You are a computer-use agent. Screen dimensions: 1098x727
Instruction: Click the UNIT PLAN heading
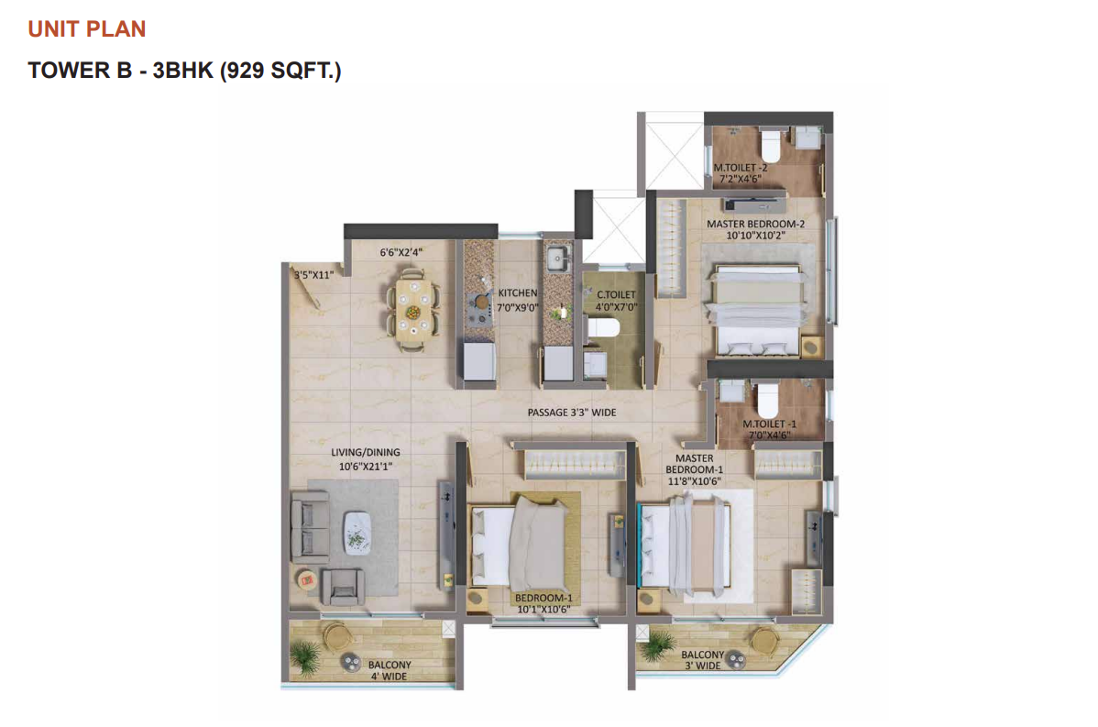click(x=87, y=28)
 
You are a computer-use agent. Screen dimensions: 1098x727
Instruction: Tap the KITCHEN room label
click(x=518, y=292)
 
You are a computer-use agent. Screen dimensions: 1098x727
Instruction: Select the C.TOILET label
click(x=616, y=295)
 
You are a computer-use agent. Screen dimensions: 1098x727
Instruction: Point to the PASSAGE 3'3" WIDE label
click(x=571, y=413)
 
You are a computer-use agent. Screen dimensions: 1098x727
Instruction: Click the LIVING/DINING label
click(x=366, y=453)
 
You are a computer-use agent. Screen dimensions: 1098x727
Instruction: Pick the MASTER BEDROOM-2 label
click(x=755, y=224)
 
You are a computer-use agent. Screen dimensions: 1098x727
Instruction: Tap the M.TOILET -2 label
click(x=741, y=168)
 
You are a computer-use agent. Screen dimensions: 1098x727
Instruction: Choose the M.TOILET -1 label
click(x=770, y=424)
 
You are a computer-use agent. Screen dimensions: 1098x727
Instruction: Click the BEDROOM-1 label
click(x=544, y=598)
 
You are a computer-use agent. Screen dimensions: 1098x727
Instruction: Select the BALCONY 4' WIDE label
click(x=390, y=670)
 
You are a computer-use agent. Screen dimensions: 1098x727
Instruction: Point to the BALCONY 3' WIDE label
click(x=702, y=660)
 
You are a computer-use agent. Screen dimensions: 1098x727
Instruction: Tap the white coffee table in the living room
click(x=357, y=534)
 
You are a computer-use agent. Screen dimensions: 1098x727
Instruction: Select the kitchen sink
click(x=557, y=257)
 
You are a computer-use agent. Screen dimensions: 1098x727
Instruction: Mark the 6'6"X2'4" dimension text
click(x=401, y=252)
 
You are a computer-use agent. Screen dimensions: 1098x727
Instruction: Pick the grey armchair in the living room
click(x=342, y=587)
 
